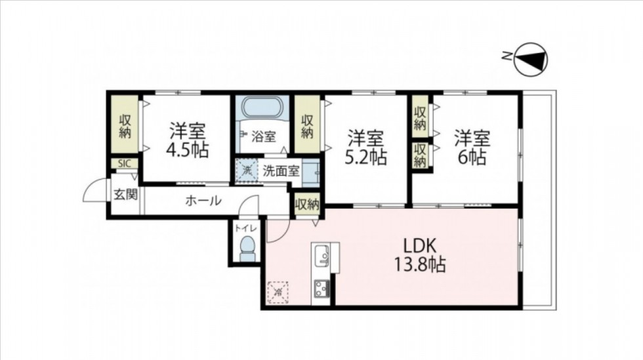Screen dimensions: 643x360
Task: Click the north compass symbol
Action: tap(531, 60)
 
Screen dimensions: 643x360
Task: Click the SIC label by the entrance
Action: tap(125, 163)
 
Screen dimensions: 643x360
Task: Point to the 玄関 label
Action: tap(125, 195)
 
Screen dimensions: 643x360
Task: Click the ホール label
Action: tap(203, 201)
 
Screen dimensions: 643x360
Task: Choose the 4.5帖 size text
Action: tap(188, 150)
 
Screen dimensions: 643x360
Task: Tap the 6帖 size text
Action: tap(472, 157)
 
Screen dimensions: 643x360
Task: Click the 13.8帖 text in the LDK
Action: tap(420, 264)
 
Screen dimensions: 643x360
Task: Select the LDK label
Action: tap(419, 246)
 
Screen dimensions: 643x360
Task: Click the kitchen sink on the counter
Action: tap(321, 256)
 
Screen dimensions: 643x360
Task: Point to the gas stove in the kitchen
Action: tap(322, 289)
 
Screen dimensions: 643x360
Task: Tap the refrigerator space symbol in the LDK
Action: tap(278, 292)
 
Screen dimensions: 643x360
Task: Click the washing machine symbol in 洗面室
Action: tap(247, 170)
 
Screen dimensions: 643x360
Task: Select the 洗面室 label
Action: tap(281, 171)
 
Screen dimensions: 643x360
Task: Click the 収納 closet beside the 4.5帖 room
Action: tap(125, 127)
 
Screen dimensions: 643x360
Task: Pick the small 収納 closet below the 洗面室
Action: tap(308, 204)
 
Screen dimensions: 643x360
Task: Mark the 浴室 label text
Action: tap(263, 136)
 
